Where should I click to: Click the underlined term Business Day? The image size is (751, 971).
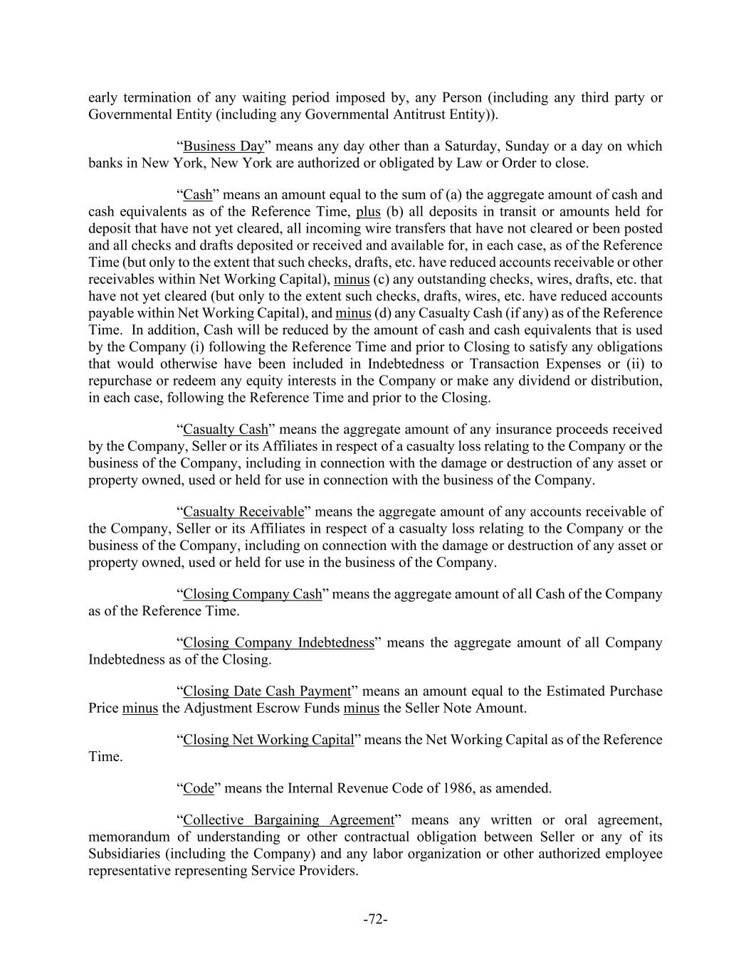(224, 147)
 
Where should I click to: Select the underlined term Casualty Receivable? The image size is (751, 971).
(243, 512)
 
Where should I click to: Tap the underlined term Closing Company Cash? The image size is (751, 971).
(253, 595)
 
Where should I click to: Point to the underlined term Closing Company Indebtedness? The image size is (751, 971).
(278, 643)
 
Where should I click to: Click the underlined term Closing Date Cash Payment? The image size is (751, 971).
(267, 691)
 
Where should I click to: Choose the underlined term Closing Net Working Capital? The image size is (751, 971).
(268, 740)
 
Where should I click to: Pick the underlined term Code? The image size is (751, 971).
(199, 788)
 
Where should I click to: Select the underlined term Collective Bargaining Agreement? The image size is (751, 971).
(288, 819)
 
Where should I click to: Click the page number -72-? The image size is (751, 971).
(375, 920)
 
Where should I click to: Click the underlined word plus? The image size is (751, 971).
(368, 212)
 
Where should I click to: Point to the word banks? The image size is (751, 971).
(105, 164)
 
